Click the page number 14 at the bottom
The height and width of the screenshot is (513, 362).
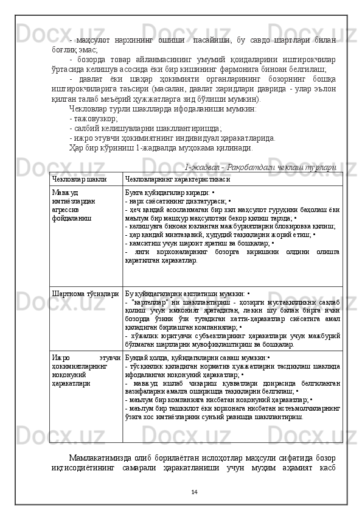(x=195, y=492)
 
